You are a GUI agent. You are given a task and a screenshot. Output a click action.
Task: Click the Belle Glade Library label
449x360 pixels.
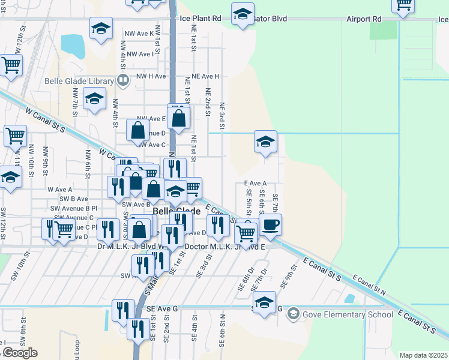[x=79, y=82]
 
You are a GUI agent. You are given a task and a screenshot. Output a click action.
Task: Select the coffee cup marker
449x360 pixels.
[x=270, y=226]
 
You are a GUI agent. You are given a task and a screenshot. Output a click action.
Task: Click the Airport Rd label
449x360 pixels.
[x=364, y=19]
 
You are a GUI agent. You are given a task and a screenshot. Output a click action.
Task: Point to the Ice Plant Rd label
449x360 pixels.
[x=200, y=19]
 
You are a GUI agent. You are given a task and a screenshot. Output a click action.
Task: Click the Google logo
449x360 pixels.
[x=20, y=353]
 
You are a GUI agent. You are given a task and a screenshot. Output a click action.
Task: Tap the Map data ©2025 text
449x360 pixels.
[x=423, y=355]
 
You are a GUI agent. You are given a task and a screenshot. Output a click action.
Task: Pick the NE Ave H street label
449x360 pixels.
[x=202, y=77]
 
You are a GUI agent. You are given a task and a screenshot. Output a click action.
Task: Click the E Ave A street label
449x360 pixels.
[x=255, y=184]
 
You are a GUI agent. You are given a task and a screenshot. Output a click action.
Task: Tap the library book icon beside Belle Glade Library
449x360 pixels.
[x=123, y=80]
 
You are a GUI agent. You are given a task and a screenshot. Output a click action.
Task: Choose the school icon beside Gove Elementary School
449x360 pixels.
[x=293, y=313]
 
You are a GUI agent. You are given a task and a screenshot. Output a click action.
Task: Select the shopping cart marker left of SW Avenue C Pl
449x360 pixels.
[x=64, y=229]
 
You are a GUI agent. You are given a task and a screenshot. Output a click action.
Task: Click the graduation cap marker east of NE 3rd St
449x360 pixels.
[x=265, y=143]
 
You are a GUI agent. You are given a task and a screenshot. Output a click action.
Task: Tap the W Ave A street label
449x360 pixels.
[x=59, y=190]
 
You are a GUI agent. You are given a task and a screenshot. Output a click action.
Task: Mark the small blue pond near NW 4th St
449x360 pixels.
[x=73, y=44]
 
